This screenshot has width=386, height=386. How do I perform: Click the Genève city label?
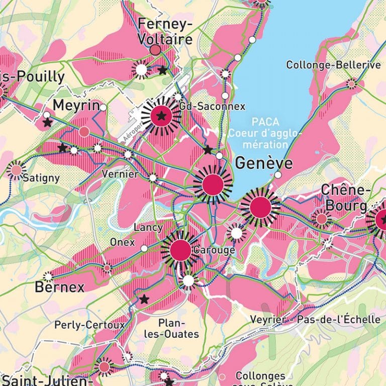[x=263, y=163]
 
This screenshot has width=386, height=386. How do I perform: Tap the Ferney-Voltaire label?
[x=165, y=31]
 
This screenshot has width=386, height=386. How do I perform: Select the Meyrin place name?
[x=76, y=106]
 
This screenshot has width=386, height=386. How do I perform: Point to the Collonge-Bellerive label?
[x=333, y=65]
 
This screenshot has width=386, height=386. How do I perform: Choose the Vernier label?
[x=120, y=174]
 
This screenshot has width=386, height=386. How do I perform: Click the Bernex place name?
[x=60, y=287]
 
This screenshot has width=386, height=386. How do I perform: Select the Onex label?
[x=123, y=242]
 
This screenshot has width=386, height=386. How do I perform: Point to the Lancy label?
[x=148, y=227]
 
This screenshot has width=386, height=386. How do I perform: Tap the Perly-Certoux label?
[x=89, y=325]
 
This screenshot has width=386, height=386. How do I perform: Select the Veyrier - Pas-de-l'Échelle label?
[x=315, y=319]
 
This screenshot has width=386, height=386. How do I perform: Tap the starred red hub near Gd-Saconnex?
[x=161, y=116]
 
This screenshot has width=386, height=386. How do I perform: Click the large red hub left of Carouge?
[x=180, y=250]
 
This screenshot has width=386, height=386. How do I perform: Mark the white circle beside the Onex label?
[x=144, y=248]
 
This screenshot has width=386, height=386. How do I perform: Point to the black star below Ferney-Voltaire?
[x=162, y=70]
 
